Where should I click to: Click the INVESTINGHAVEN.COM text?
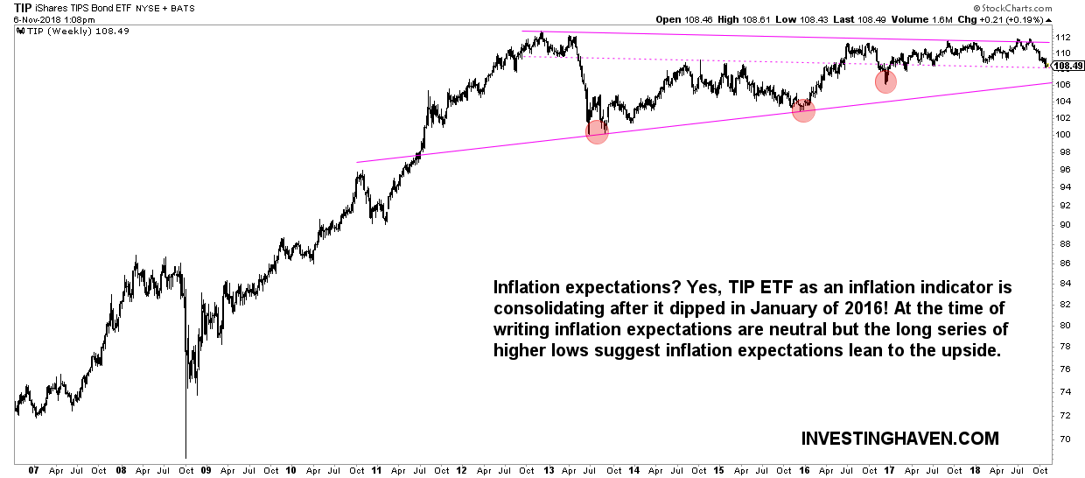899,438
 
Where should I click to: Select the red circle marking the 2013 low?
597,131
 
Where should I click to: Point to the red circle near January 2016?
803,110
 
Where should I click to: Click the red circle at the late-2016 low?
885,82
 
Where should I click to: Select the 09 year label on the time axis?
206,470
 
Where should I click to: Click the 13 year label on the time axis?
549,470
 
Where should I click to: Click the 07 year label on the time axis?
33,470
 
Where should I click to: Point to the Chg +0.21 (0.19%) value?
1041,18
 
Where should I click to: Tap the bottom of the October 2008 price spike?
185,456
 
